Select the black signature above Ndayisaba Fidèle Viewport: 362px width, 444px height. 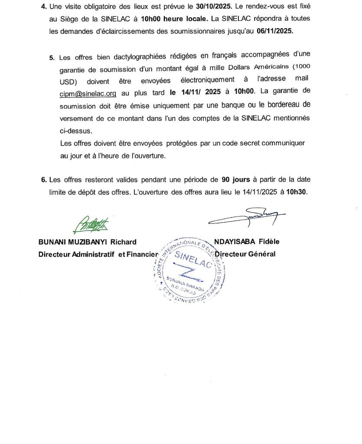(x=247, y=217)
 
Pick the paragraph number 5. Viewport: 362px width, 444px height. (x=52, y=57)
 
